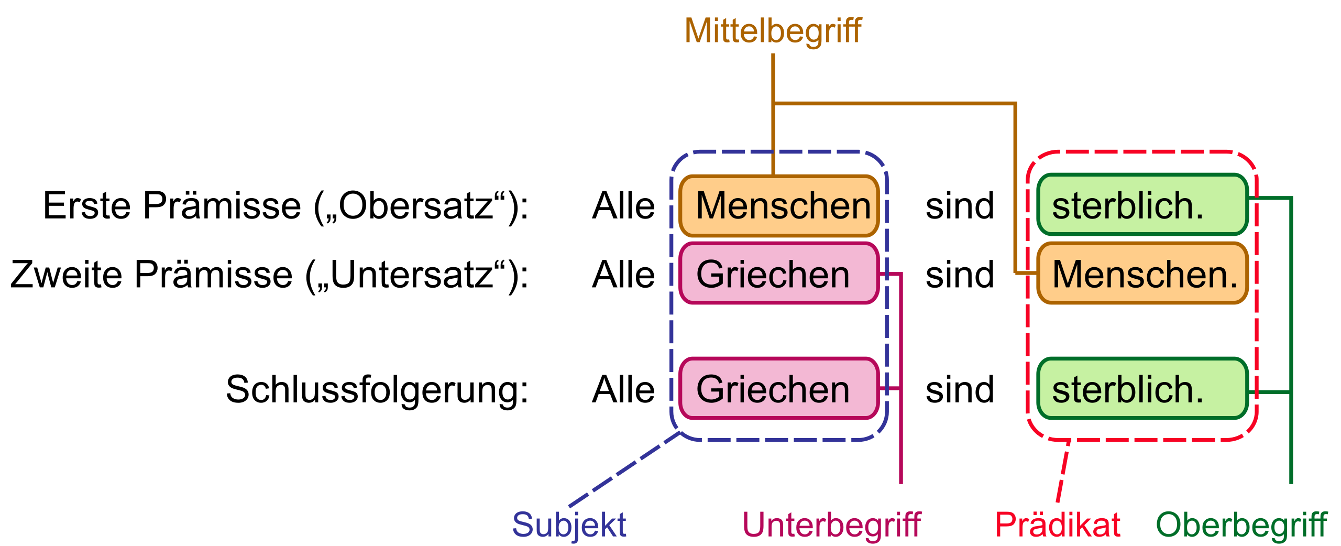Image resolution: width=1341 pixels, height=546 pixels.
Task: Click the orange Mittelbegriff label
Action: click(773, 31)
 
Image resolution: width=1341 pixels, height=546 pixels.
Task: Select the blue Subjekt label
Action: click(569, 525)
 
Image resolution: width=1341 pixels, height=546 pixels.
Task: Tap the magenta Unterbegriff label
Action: click(831, 525)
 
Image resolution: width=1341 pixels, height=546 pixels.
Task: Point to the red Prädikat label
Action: click(1058, 525)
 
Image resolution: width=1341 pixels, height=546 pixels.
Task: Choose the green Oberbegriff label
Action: click(1241, 525)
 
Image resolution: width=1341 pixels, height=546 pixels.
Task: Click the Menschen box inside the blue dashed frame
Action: click(779, 206)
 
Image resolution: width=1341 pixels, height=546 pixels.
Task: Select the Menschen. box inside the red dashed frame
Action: click(1143, 273)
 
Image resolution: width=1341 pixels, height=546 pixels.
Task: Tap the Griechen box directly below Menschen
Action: click(779, 273)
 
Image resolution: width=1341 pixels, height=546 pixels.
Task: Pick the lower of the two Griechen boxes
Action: click(779, 388)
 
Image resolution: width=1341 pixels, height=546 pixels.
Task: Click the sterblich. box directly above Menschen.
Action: click(1143, 205)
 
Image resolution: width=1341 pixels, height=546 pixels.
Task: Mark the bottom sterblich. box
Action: click(1143, 388)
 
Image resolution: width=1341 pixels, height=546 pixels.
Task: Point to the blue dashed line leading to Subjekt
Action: click(623, 469)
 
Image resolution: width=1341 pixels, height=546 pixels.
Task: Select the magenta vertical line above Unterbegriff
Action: click(901, 440)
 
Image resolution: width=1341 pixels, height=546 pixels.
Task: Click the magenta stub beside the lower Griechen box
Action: click(891, 388)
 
